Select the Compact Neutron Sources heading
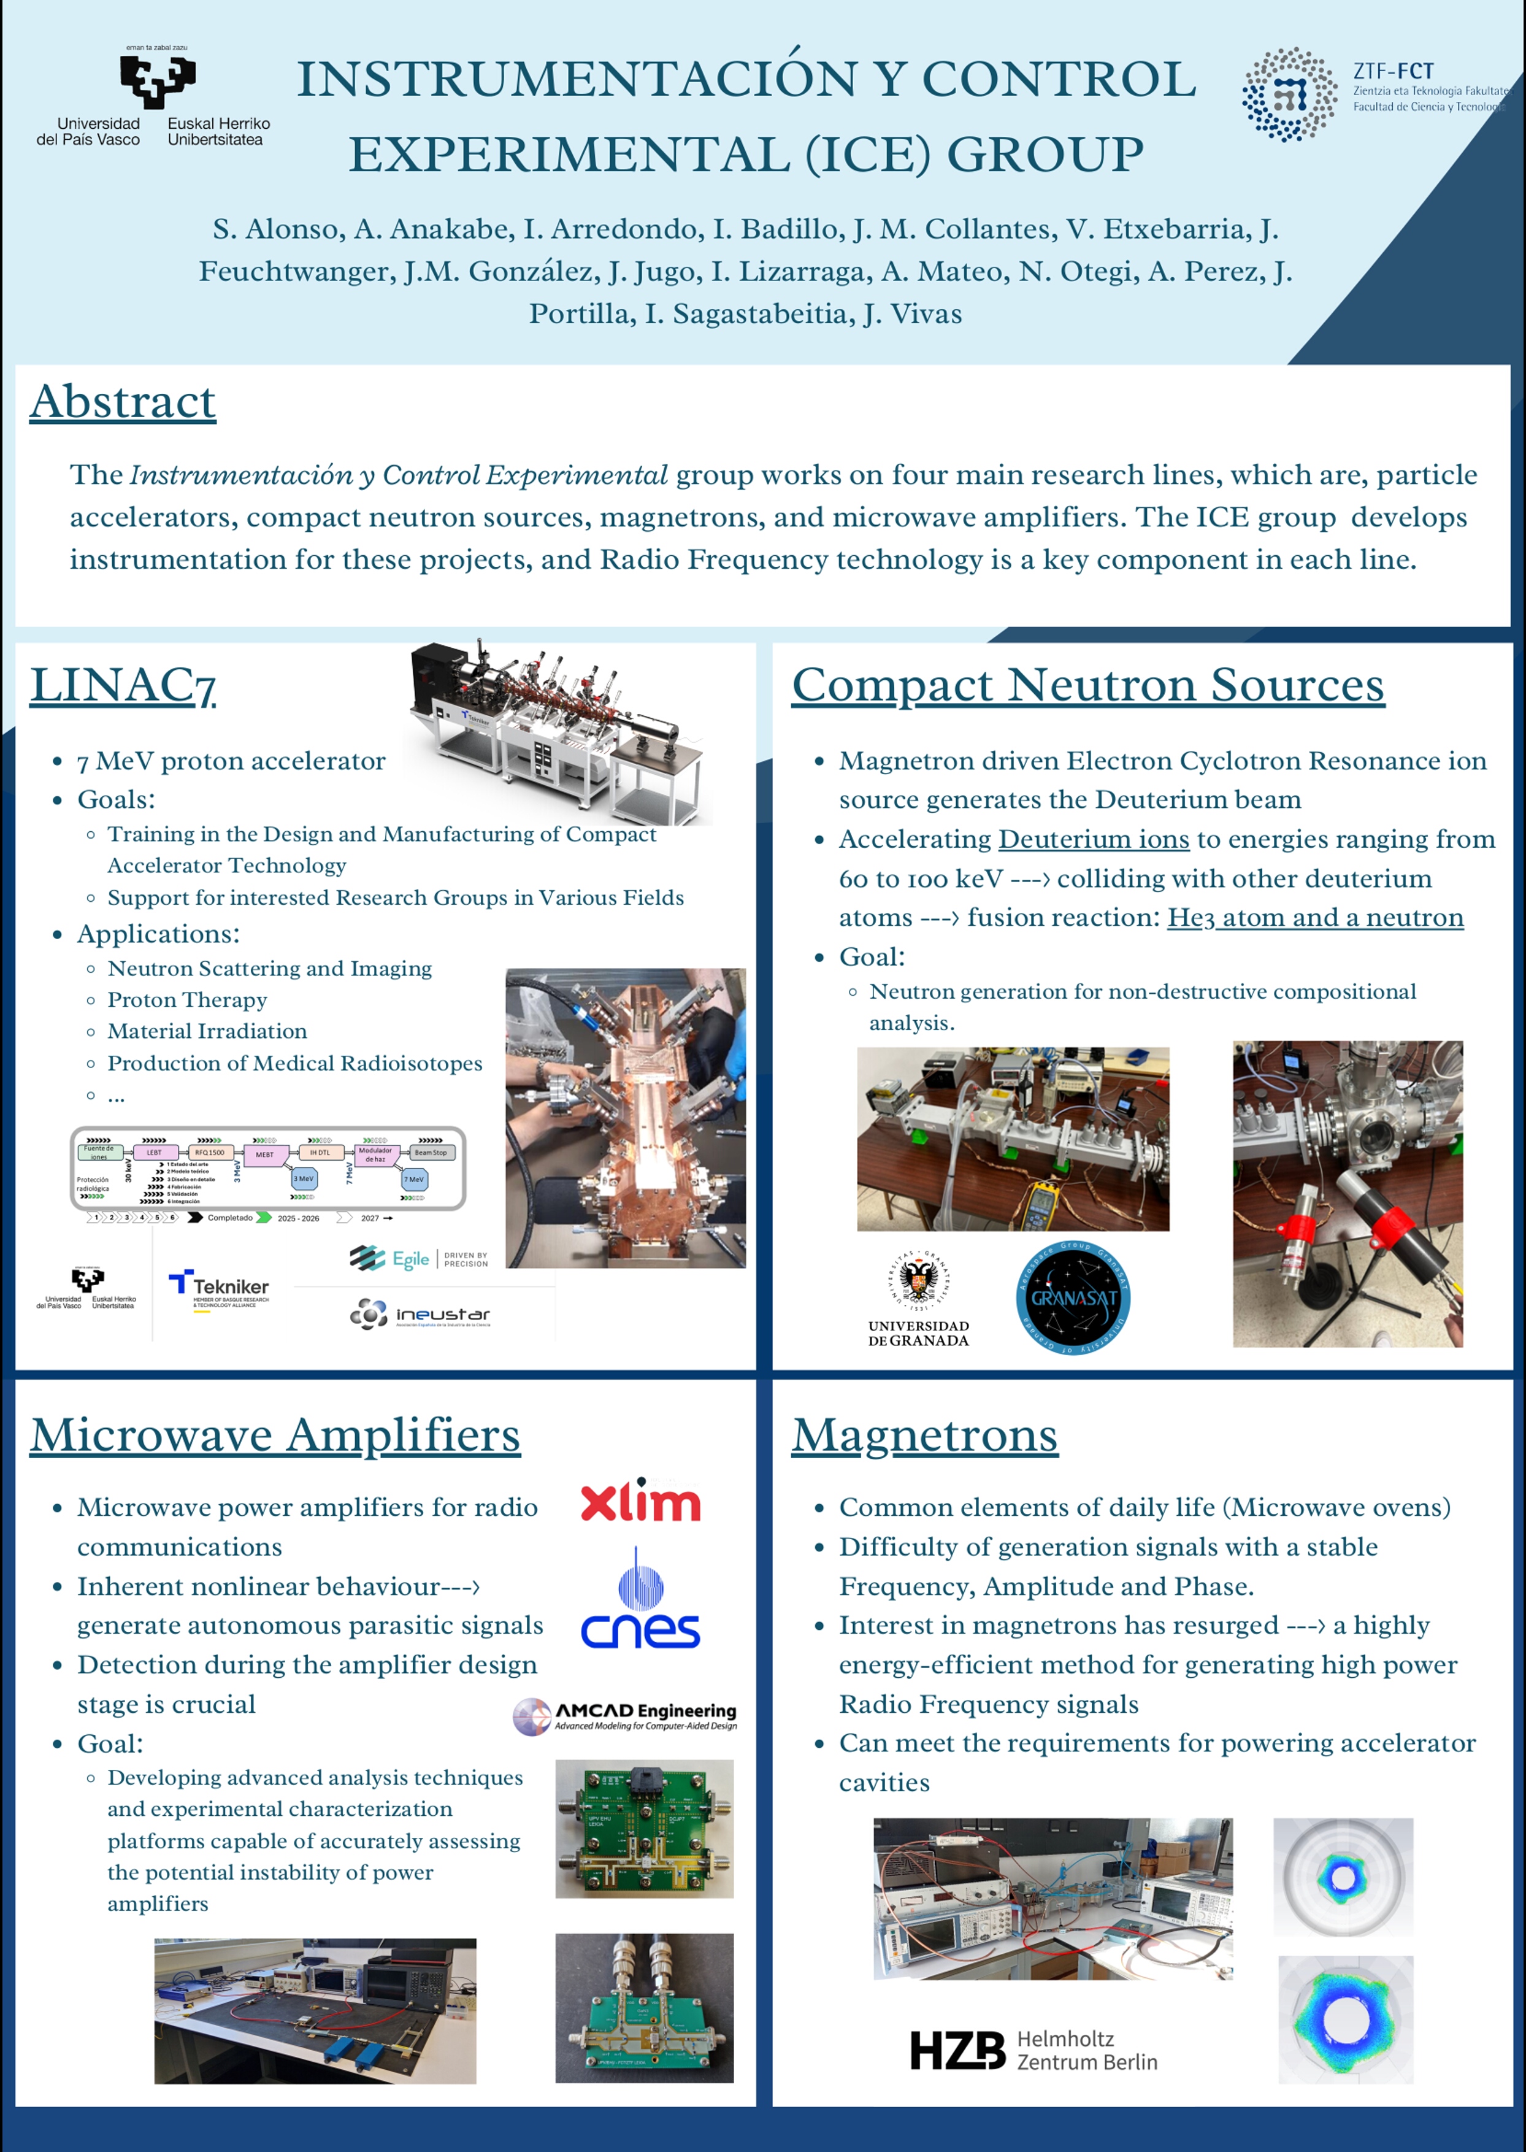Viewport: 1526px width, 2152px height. coord(1087,685)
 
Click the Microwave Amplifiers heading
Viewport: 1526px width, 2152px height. coord(274,1435)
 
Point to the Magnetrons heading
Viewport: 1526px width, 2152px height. coord(925,1435)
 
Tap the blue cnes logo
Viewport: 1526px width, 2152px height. coord(641,1609)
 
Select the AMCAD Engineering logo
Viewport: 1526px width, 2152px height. coord(626,1716)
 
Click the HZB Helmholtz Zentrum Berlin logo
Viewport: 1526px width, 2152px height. coord(1033,2051)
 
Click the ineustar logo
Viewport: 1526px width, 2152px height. coord(420,1314)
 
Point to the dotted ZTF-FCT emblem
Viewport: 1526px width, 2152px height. coord(1290,94)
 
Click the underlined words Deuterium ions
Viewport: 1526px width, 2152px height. coord(1094,839)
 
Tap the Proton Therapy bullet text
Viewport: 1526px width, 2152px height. coord(187,1000)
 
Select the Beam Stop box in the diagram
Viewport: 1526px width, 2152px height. coord(431,1152)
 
